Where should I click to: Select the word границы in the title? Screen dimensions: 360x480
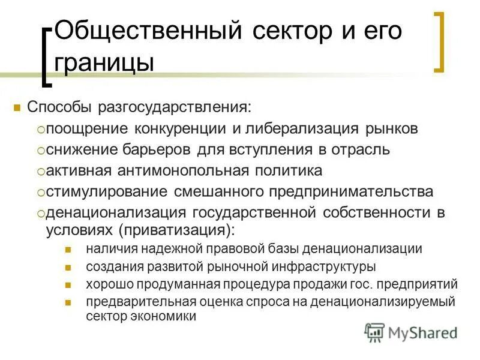pyautogui.click(x=103, y=62)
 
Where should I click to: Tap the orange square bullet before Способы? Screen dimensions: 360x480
pyautogui.click(x=17, y=109)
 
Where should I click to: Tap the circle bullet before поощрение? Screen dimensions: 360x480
pyautogui.click(x=40, y=129)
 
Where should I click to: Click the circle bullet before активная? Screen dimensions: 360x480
pyautogui.click(x=40, y=171)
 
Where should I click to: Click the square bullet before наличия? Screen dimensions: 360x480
pyautogui.click(x=68, y=249)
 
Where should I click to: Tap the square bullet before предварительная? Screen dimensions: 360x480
pyautogui.click(x=68, y=302)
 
